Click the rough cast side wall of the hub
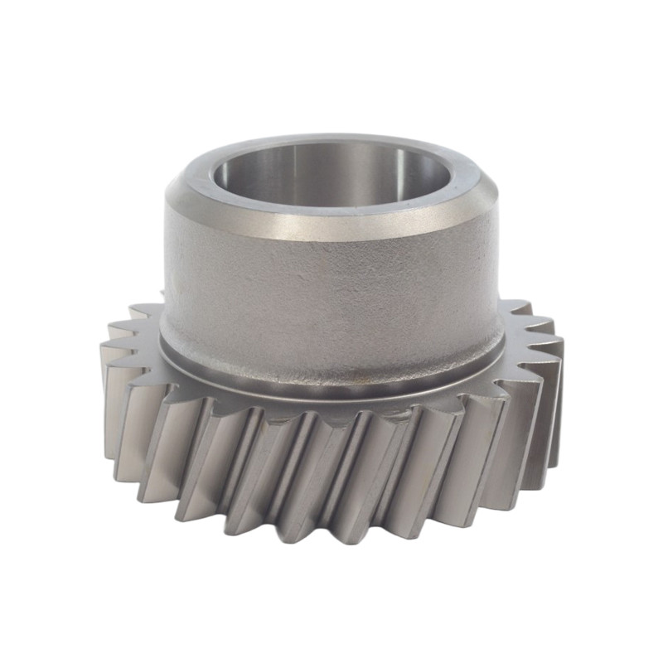point(331,298)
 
